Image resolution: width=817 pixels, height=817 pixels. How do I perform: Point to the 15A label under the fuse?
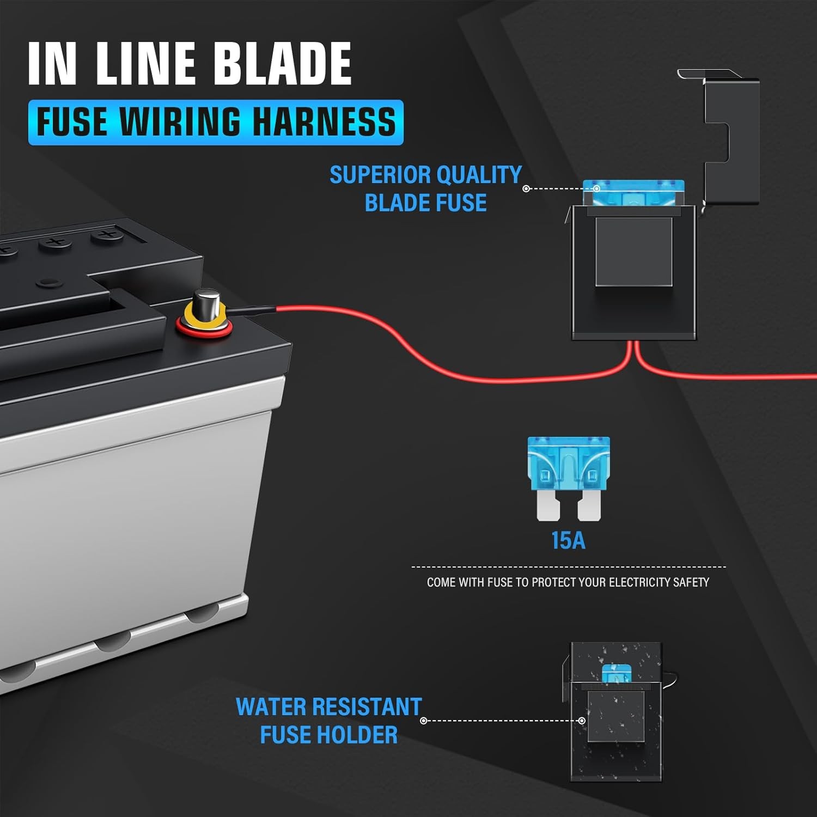tap(568, 540)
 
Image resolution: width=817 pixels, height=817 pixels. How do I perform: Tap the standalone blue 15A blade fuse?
tap(569, 463)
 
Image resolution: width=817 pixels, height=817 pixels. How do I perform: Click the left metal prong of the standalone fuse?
tap(548, 505)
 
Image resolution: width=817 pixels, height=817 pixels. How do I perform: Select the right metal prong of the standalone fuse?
tap(589, 505)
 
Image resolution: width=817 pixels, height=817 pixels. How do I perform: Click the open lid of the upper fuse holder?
tap(730, 139)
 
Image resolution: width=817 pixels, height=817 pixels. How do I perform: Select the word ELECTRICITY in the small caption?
tap(639, 582)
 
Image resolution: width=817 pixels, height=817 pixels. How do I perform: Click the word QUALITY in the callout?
tap(479, 175)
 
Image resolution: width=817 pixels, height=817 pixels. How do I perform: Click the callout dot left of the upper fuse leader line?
tap(526, 188)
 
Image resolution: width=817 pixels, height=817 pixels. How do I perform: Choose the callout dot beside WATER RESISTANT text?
tap(424, 721)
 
